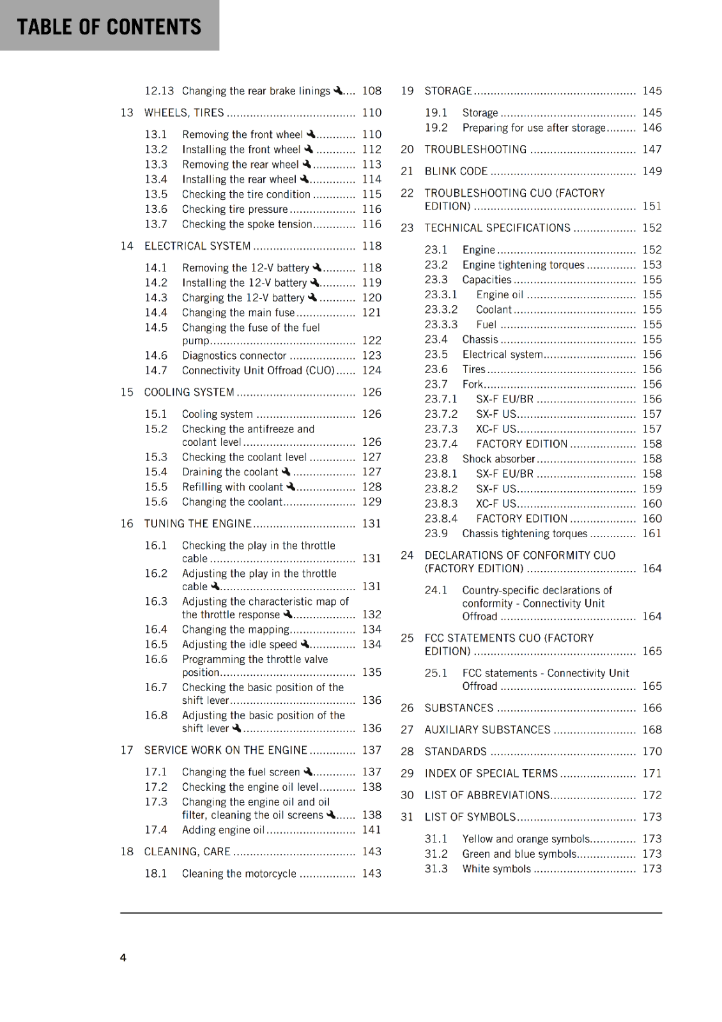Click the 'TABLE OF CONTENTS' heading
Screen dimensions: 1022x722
pos(109,27)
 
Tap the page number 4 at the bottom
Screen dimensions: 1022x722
pos(123,957)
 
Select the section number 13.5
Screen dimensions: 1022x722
pos(156,194)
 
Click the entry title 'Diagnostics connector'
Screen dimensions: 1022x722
pos(234,356)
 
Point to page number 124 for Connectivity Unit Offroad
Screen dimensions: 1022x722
pos(371,370)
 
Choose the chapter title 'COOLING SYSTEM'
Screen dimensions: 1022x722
pos(189,392)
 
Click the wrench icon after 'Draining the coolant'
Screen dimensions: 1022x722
pos(286,471)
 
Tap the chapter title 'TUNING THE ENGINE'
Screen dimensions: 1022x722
pos(197,524)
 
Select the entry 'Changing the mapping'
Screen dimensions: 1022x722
pos(235,630)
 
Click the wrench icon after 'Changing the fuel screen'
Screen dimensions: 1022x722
pos(308,772)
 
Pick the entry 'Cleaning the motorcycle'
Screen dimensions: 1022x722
pos(239,874)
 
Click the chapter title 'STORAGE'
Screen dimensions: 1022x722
pos(448,91)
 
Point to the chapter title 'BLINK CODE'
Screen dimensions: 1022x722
pos(456,171)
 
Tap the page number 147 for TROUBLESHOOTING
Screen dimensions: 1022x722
pos(652,149)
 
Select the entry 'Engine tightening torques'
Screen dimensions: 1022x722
pos(523,265)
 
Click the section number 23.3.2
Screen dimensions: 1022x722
pos(441,310)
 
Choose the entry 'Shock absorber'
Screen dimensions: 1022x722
pos(498,459)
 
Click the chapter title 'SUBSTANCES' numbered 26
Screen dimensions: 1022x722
pos(459,708)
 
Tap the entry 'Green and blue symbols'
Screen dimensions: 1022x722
pos(519,854)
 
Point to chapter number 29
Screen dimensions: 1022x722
pos(407,774)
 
